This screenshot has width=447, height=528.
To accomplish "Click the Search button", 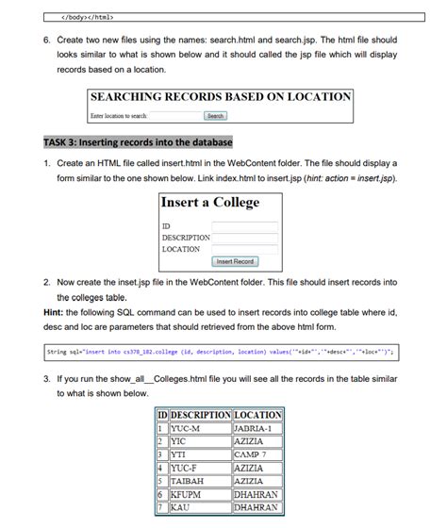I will tap(216, 116).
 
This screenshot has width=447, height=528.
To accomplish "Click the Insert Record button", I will tap(235, 261).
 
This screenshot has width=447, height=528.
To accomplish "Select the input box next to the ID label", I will tap(245, 226).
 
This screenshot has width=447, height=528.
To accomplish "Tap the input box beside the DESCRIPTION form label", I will tap(245, 238).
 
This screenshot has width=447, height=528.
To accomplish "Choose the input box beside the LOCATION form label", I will tap(245, 249).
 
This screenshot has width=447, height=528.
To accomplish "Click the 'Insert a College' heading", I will tap(210, 203).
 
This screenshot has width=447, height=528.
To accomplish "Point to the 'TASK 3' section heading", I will tap(138, 142).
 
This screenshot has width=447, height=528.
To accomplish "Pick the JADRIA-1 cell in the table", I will tap(256, 428).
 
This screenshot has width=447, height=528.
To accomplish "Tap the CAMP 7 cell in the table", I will tap(256, 454).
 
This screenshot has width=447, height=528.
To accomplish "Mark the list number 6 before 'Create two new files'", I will tap(46, 41).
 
